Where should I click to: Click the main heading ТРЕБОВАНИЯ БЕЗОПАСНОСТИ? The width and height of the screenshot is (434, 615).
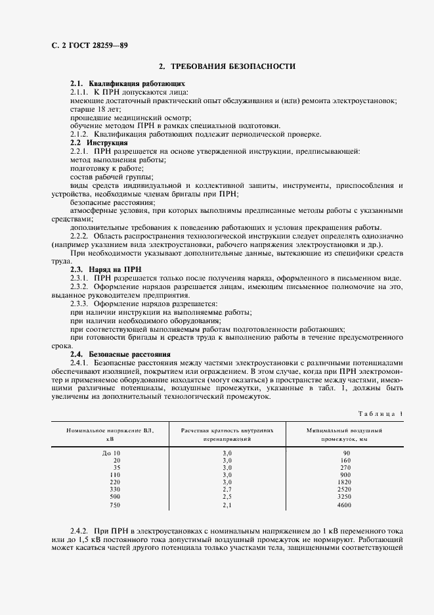click(227, 67)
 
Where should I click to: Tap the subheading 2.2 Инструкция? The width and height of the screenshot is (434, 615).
click(98, 143)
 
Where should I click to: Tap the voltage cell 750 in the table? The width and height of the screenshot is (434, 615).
click(115, 505)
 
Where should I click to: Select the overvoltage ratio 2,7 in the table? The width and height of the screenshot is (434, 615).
click(227, 490)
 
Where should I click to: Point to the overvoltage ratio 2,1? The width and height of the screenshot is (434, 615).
click(227, 505)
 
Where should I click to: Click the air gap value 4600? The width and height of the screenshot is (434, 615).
click(343, 505)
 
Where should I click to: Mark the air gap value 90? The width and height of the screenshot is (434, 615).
click(347, 453)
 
